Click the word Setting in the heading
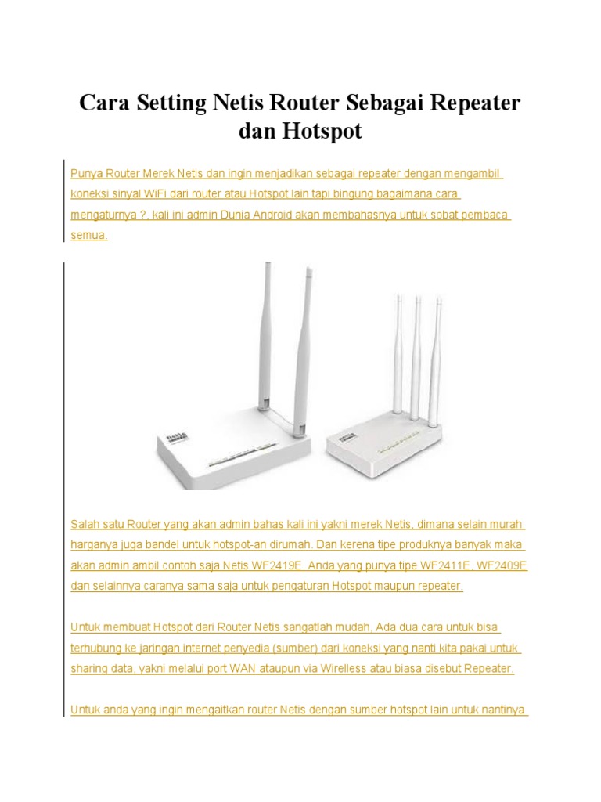click(171, 103)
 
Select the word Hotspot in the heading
click(324, 132)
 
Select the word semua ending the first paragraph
click(88, 234)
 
